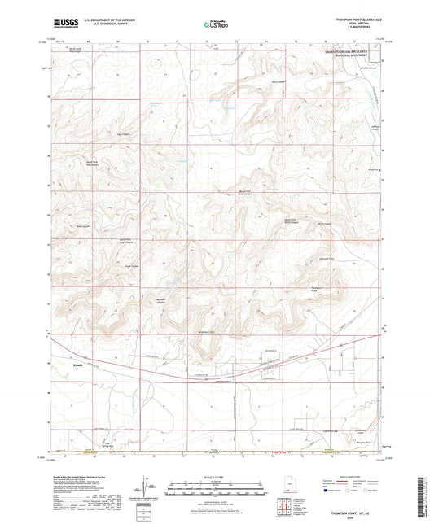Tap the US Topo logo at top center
[217, 25]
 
